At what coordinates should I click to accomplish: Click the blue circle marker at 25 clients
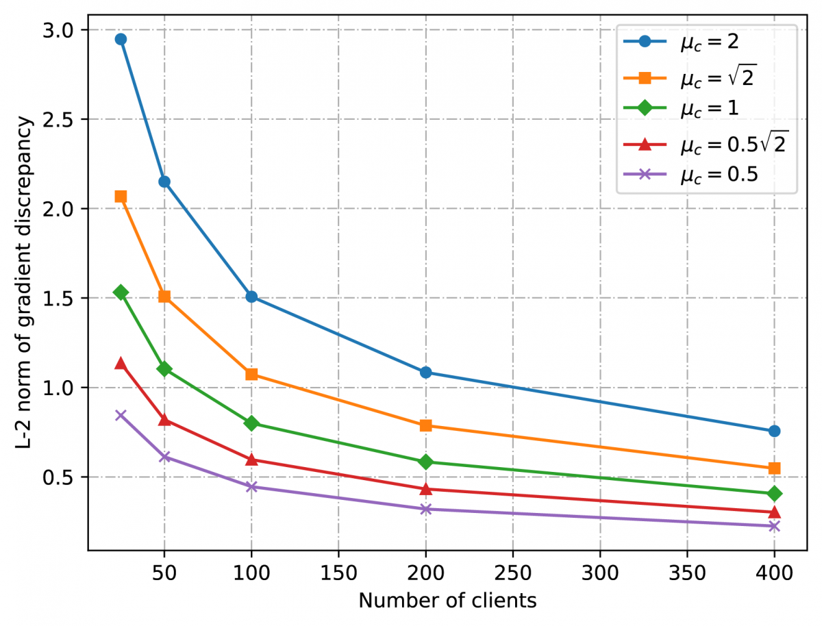pyautogui.click(x=121, y=39)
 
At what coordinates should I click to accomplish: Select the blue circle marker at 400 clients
pyautogui.click(x=775, y=431)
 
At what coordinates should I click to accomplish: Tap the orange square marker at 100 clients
pyautogui.click(x=251, y=375)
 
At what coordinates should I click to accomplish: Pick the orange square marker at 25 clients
pyautogui.click(x=121, y=197)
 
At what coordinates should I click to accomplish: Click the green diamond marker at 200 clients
pyautogui.click(x=425, y=462)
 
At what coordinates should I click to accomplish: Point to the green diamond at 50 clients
pyautogui.click(x=164, y=369)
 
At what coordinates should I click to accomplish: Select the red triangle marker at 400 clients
pyautogui.click(x=775, y=512)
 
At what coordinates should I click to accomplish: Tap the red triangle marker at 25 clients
pyautogui.click(x=121, y=363)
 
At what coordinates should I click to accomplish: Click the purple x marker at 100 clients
pyautogui.click(x=251, y=487)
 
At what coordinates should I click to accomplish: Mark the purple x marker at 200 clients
pyautogui.click(x=425, y=509)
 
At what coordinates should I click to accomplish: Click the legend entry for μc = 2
pyautogui.click(x=706, y=43)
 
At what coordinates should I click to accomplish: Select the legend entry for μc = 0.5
pyautogui.click(x=706, y=175)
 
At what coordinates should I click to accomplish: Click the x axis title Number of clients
pyautogui.click(x=447, y=601)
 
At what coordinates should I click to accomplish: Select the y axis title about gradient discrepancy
pyautogui.click(x=25, y=283)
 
